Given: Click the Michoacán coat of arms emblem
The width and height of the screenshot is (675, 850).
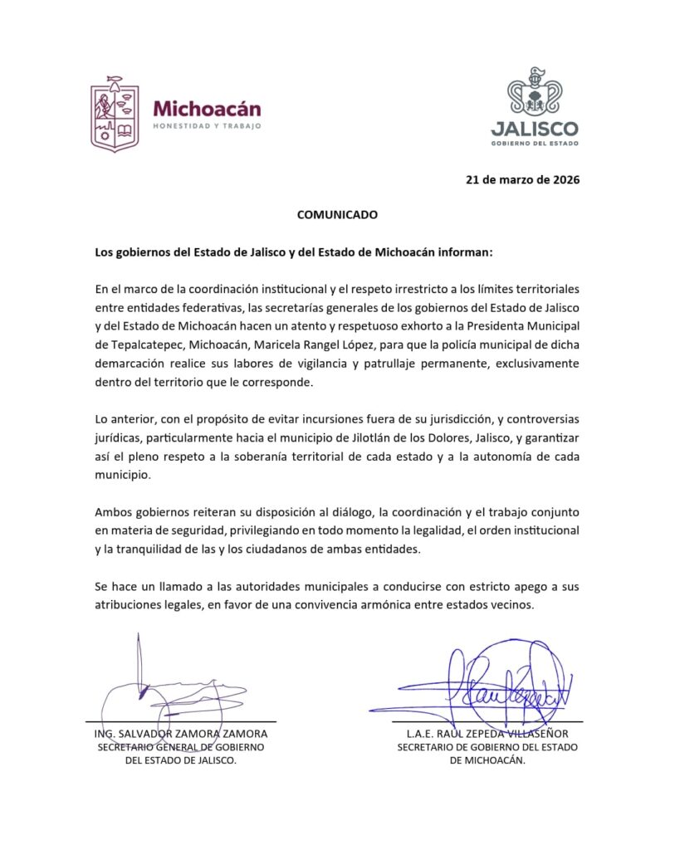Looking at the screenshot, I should [115, 114].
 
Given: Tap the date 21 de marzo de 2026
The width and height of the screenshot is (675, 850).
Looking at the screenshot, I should [522, 180].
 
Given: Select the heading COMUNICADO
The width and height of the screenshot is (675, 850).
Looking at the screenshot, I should [337, 214].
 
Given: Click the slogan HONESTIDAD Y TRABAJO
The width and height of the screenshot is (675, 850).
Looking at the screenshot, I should [207, 126].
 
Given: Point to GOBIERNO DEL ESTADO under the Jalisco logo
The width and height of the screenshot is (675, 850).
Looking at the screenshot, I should [534, 143].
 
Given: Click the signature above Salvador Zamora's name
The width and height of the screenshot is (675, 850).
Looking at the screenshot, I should [158, 689].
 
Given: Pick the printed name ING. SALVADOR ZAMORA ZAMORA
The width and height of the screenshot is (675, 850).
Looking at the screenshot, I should [181, 735].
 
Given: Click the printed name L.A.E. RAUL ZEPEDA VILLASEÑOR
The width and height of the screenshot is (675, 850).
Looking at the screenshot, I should [487, 735].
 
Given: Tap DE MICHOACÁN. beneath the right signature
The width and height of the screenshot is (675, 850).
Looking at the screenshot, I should [487, 760].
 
